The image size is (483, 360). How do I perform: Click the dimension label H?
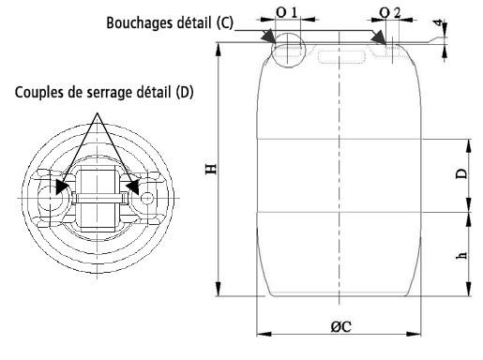(211, 169)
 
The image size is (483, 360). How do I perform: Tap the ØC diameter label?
(341, 327)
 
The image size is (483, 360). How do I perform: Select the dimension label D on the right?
(461, 173)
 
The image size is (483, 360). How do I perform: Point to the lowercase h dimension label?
(461, 255)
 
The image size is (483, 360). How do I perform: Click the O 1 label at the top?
(286, 12)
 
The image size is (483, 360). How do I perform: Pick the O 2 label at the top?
(390, 13)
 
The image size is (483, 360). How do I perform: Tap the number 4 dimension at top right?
(439, 22)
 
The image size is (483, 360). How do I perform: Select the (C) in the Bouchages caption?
(224, 22)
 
